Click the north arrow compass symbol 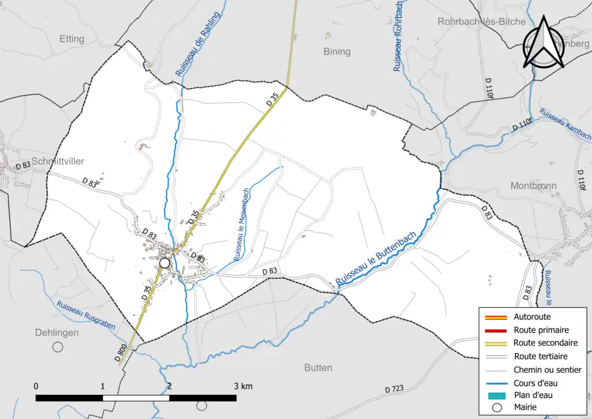coord(544,42)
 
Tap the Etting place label coord(72,39)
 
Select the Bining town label coord(337,51)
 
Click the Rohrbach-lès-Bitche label coord(482,22)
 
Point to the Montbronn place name coord(533,186)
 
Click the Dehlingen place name coord(56,333)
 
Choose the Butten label coord(318,368)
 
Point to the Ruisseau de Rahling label coord(198,44)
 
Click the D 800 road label coord(121,352)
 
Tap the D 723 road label coord(393,389)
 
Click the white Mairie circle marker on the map coord(164,263)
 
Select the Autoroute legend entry coord(532,317)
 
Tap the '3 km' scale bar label coord(244,386)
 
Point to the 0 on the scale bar coord(36,386)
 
